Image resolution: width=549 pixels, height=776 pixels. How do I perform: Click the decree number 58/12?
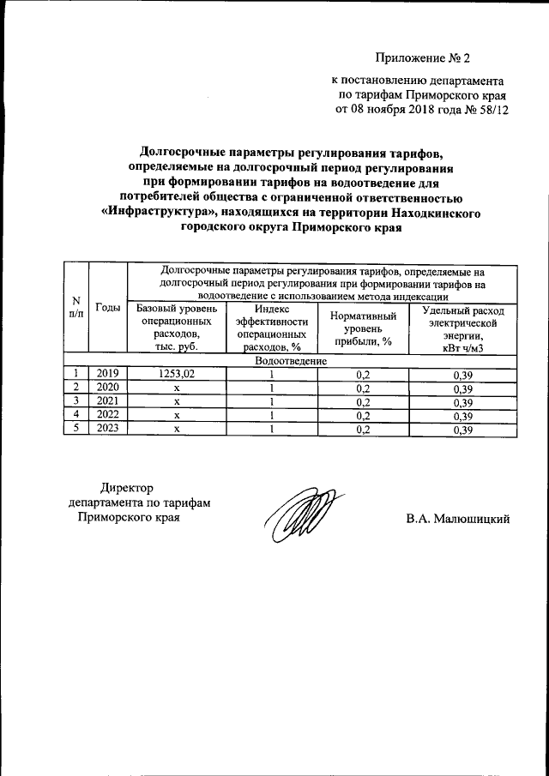[x=480, y=111]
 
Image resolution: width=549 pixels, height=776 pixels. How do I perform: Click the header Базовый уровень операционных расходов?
[x=176, y=327]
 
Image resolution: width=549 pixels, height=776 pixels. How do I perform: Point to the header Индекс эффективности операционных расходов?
[x=272, y=327]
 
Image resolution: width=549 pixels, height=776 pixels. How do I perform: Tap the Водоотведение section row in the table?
[x=291, y=361]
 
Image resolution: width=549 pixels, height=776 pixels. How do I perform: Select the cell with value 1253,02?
[x=177, y=374]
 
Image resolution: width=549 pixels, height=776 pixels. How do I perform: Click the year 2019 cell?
[x=107, y=374]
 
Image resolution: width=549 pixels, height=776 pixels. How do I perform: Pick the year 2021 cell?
[x=107, y=401]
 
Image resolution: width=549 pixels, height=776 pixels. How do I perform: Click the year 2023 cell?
[x=107, y=430]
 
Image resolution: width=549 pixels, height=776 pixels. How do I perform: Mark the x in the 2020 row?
[x=177, y=388]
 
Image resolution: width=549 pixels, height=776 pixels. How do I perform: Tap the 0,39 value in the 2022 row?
[x=462, y=416]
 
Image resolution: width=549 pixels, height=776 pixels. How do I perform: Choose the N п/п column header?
[x=75, y=308]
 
